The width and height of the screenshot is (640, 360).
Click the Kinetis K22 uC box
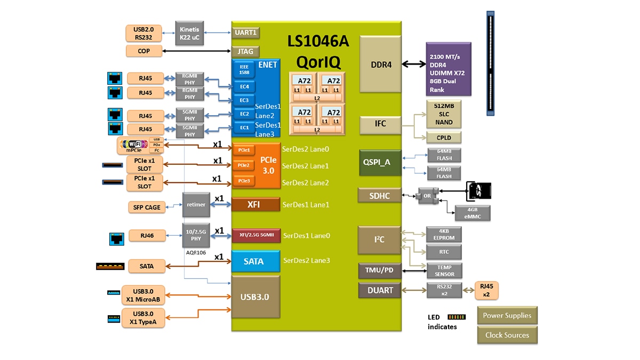tap(190, 33)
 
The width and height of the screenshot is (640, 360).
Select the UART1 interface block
tap(246, 33)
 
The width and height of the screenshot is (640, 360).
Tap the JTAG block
tap(246, 52)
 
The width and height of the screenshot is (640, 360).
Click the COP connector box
tap(143, 51)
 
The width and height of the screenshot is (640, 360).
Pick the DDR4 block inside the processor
tap(381, 65)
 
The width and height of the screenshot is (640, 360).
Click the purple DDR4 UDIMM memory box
tap(448, 69)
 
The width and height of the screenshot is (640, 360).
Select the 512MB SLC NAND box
tap(444, 114)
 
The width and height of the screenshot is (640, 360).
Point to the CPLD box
tap(444, 137)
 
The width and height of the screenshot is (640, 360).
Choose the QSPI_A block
tap(380, 163)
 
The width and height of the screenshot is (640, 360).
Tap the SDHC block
tap(380, 196)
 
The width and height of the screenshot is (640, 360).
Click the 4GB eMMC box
tap(472, 213)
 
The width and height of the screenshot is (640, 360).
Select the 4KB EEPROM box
tap(444, 235)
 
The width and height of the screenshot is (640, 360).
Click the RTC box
tap(444, 252)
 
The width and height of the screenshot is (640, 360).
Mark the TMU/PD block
tap(379, 270)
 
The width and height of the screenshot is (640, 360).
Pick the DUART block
tap(380, 290)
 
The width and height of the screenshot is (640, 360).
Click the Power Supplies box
tap(507, 315)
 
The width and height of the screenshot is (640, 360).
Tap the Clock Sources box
tap(507, 335)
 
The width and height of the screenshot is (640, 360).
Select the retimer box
tap(196, 205)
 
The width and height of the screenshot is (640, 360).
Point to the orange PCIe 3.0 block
tap(268, 165)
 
